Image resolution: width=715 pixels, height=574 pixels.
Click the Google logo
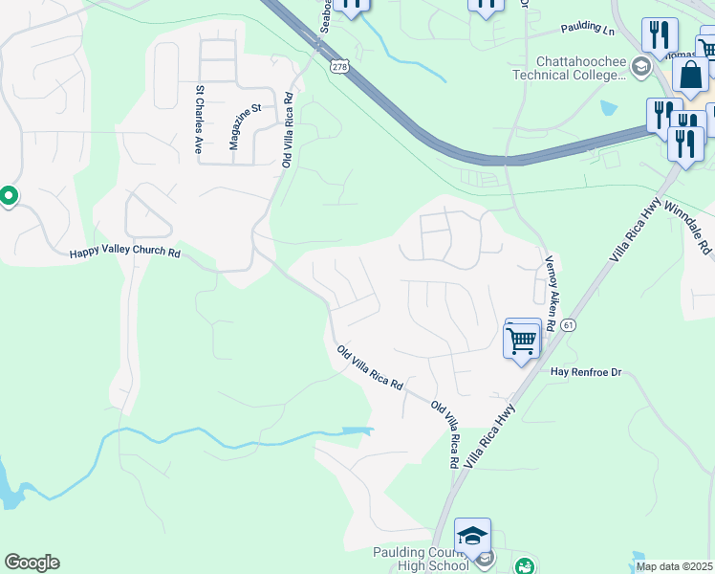click(x=32, y=563)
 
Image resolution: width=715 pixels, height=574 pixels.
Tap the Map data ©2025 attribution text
click(x=674, y=566)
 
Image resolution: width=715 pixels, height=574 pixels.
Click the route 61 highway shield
click(x=569, y=326)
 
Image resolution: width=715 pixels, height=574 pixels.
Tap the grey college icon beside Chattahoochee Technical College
click(x=639, y=65)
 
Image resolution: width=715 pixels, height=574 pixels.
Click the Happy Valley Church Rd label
click(x=124, y=254)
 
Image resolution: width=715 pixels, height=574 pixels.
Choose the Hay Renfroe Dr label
click(x=586, y=371)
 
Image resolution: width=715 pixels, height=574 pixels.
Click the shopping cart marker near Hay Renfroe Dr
click(x=522, y=341)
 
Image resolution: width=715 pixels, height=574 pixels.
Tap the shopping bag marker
click(x=690, y=74)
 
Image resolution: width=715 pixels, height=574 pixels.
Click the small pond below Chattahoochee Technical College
click(x=610, y=108)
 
